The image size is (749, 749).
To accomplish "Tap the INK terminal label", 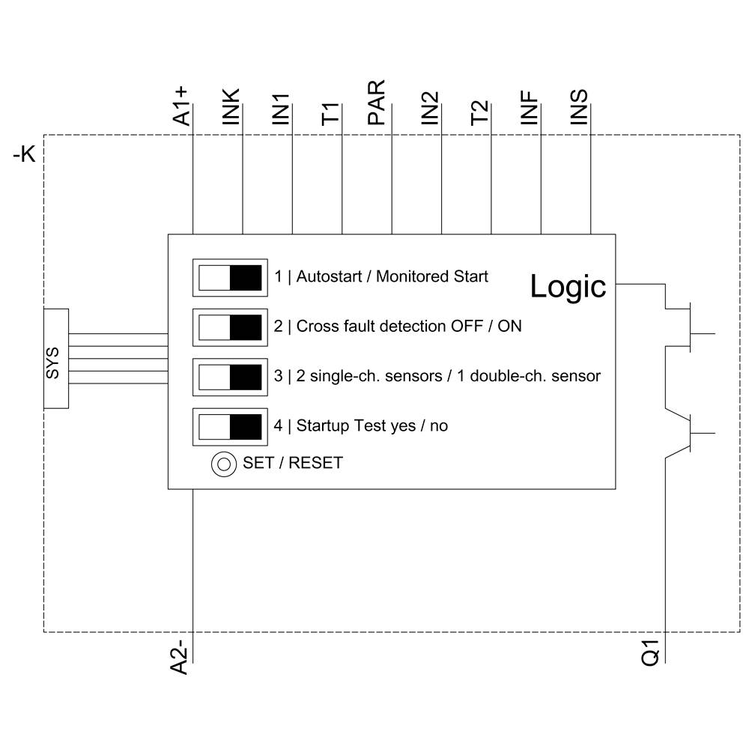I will click(x=231, y=106).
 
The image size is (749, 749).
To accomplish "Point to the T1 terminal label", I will click(x=330, y=112).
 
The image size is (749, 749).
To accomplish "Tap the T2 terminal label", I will click(x=479, y=112).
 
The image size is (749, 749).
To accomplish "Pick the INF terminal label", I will click(x=530, y=107).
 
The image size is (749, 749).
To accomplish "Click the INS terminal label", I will click(x=579, y=107).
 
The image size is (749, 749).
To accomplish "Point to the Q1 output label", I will click(x=652, y=652).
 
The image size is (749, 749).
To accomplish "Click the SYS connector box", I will click(x=55, y=359).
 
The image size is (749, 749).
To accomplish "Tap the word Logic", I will click(x=568, y=286).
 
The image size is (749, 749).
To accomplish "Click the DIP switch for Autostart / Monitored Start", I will click(x=230, y=277).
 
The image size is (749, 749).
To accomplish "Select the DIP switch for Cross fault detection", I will click(x=230, y=327).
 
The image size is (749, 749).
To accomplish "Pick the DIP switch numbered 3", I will click(x=230, y=377).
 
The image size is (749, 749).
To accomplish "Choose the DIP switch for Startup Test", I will click(x=230, y=426).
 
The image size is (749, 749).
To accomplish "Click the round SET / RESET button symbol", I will click(x=223, y=464).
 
